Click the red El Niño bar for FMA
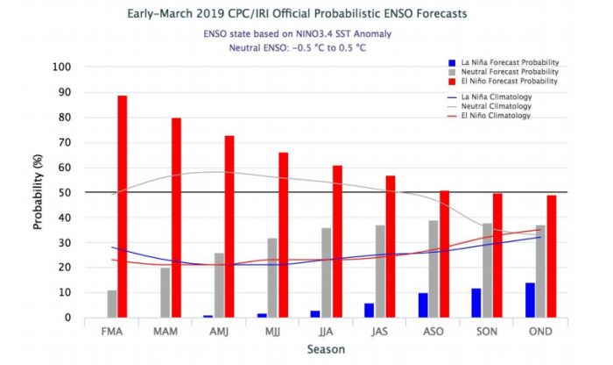[123, 206]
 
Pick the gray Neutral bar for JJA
[327, 273]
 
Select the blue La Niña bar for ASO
[423, 304]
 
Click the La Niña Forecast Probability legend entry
[503, 62]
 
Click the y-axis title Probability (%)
[39, 191]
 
